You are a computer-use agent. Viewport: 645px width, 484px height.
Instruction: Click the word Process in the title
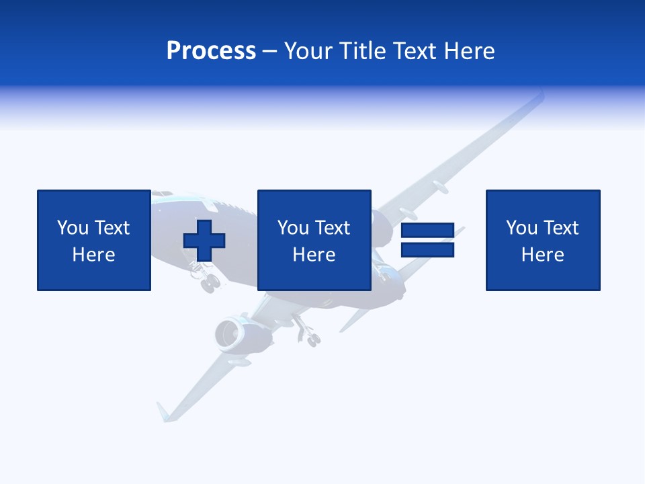click(x=211, y=51)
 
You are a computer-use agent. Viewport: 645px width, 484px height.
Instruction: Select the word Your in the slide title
click(x=309, y=51)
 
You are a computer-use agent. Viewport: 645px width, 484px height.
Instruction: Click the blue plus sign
click(x=204, y=240)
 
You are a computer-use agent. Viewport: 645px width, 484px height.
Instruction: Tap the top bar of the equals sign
click(x=427, y=231)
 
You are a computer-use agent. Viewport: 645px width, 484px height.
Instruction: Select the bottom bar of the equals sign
click(x=427, y=249)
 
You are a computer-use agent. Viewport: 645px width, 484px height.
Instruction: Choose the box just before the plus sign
click(x=94, y=240)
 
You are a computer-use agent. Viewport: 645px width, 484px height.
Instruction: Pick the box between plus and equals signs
click(x=314, y=240)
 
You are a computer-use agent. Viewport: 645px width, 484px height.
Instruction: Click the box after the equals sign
click(x=543, y=240)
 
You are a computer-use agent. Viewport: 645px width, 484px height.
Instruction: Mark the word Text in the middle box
click(x=333, y=228)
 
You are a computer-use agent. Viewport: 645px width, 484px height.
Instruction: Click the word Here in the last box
click(x=543, y=255)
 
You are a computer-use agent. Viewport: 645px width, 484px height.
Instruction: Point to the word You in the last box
click(x=521, y=228)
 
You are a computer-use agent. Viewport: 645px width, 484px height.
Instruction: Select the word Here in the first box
click(x=94, y=255)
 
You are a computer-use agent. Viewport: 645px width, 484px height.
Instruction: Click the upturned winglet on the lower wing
click(x=164, y=411)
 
